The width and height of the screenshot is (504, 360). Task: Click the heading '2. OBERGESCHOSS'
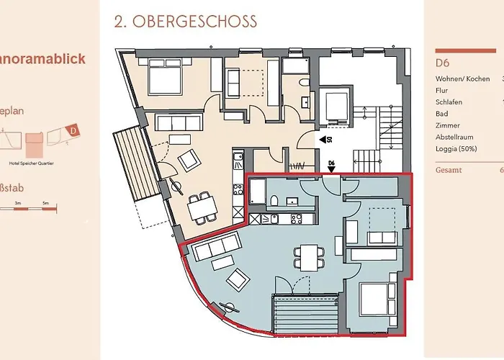pyautogui.click(x=185, y=22)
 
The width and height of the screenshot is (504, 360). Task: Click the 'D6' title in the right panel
pyautogui.click(x=444, y=63)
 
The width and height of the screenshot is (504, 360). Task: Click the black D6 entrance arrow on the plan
pyautogui.click(x=332, y=171)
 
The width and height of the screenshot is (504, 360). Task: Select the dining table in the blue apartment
pyautogui.click(x=309, y=256)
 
